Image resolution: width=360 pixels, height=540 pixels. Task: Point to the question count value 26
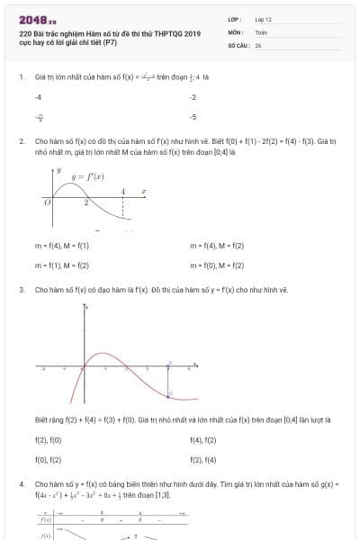tap(257, 44)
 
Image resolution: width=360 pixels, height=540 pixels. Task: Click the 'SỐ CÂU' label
tap(237, 44)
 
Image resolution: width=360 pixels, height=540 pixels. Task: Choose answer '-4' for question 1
tap(38, 96)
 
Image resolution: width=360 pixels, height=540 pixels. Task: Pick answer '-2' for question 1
tap(193, 96)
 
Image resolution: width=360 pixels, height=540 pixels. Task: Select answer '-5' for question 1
tap(193, 117)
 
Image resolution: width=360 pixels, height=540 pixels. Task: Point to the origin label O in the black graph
tap(47, 202)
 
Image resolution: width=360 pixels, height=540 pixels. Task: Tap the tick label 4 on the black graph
tap(123, 191)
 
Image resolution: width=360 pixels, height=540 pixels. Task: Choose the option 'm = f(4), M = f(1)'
tap(62, 246)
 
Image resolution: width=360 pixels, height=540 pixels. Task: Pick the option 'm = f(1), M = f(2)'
tap(62, 265)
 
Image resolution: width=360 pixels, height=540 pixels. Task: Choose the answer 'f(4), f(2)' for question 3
tap(203, 440)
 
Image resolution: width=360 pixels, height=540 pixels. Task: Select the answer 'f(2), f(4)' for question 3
tap(203, 460)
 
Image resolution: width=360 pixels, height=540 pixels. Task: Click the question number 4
tap(22, 484)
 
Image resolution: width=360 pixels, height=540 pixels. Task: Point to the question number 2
tap(22, 141)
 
